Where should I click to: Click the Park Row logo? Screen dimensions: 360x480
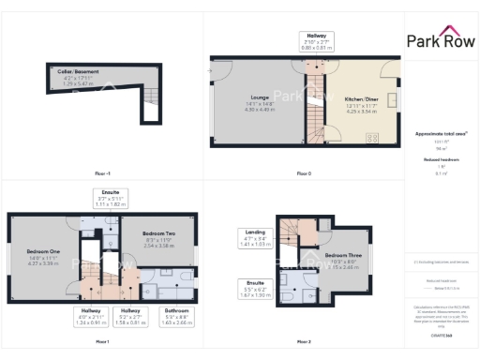coord(441,40)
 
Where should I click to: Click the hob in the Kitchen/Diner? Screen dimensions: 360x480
coord(371,138)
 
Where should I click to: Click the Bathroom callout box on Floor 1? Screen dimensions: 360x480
coord(176,314)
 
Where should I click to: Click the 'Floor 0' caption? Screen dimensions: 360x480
coord(303,174)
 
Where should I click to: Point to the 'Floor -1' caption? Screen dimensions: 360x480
coord(102,174)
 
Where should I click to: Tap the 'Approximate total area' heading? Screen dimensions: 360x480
coord(440,134)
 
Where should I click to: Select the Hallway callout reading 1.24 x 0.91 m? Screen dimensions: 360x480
coord(90,314)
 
